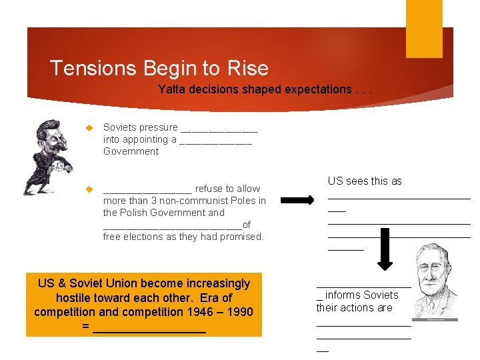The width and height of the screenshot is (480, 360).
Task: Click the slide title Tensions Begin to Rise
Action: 159,68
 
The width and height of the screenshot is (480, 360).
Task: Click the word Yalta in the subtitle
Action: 170,89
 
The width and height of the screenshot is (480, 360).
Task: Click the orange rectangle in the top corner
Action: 424,29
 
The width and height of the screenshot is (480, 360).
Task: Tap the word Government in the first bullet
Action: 131,151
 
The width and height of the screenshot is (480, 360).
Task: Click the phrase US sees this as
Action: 365,181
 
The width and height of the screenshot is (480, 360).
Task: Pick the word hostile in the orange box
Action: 75,298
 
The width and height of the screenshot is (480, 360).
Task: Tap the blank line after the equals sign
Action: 149,328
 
